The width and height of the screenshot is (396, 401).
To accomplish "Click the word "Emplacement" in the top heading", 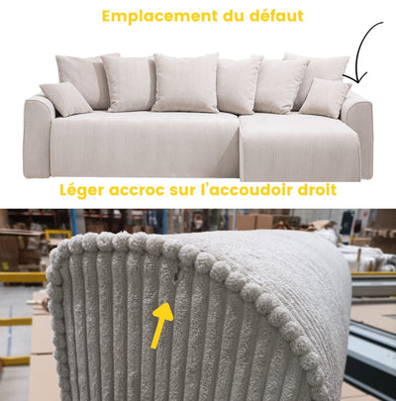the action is click(x=159, y=17).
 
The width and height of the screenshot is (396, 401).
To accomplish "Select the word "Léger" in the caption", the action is click(x=82, y=191).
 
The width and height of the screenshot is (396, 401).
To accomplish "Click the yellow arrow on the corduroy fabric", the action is click(x=161, y=325).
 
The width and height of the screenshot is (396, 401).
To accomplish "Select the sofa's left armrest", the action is click(x=37, y=136).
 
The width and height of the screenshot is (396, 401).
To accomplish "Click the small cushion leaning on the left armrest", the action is click(x=65, y=99).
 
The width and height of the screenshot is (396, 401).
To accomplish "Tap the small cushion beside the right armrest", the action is click(x=325, y=98).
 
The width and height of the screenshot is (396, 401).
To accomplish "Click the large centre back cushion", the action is click(x=186, y=83).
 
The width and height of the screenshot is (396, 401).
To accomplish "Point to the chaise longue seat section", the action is click(x=299, y=147).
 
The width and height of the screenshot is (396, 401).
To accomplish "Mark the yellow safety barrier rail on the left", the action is click(x=23, y=277).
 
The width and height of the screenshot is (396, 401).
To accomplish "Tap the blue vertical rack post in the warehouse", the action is click(x=73, y=222).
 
